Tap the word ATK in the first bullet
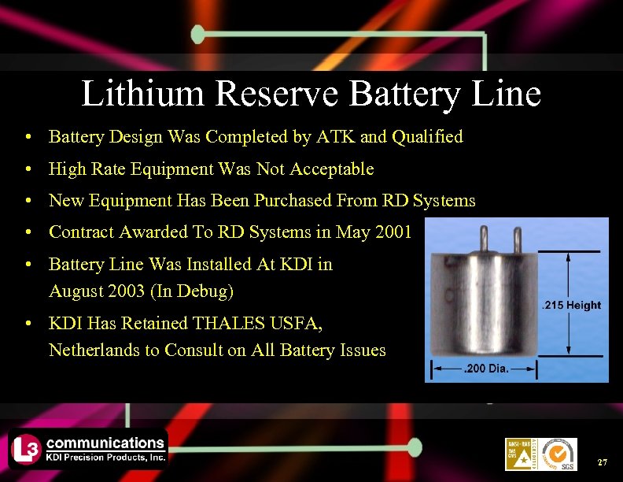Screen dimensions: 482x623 pos(336,137)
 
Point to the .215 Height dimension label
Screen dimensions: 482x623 pos(573,306)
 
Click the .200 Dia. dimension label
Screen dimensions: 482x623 pos(487,368)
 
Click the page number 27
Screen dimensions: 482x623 pos(603,461)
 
